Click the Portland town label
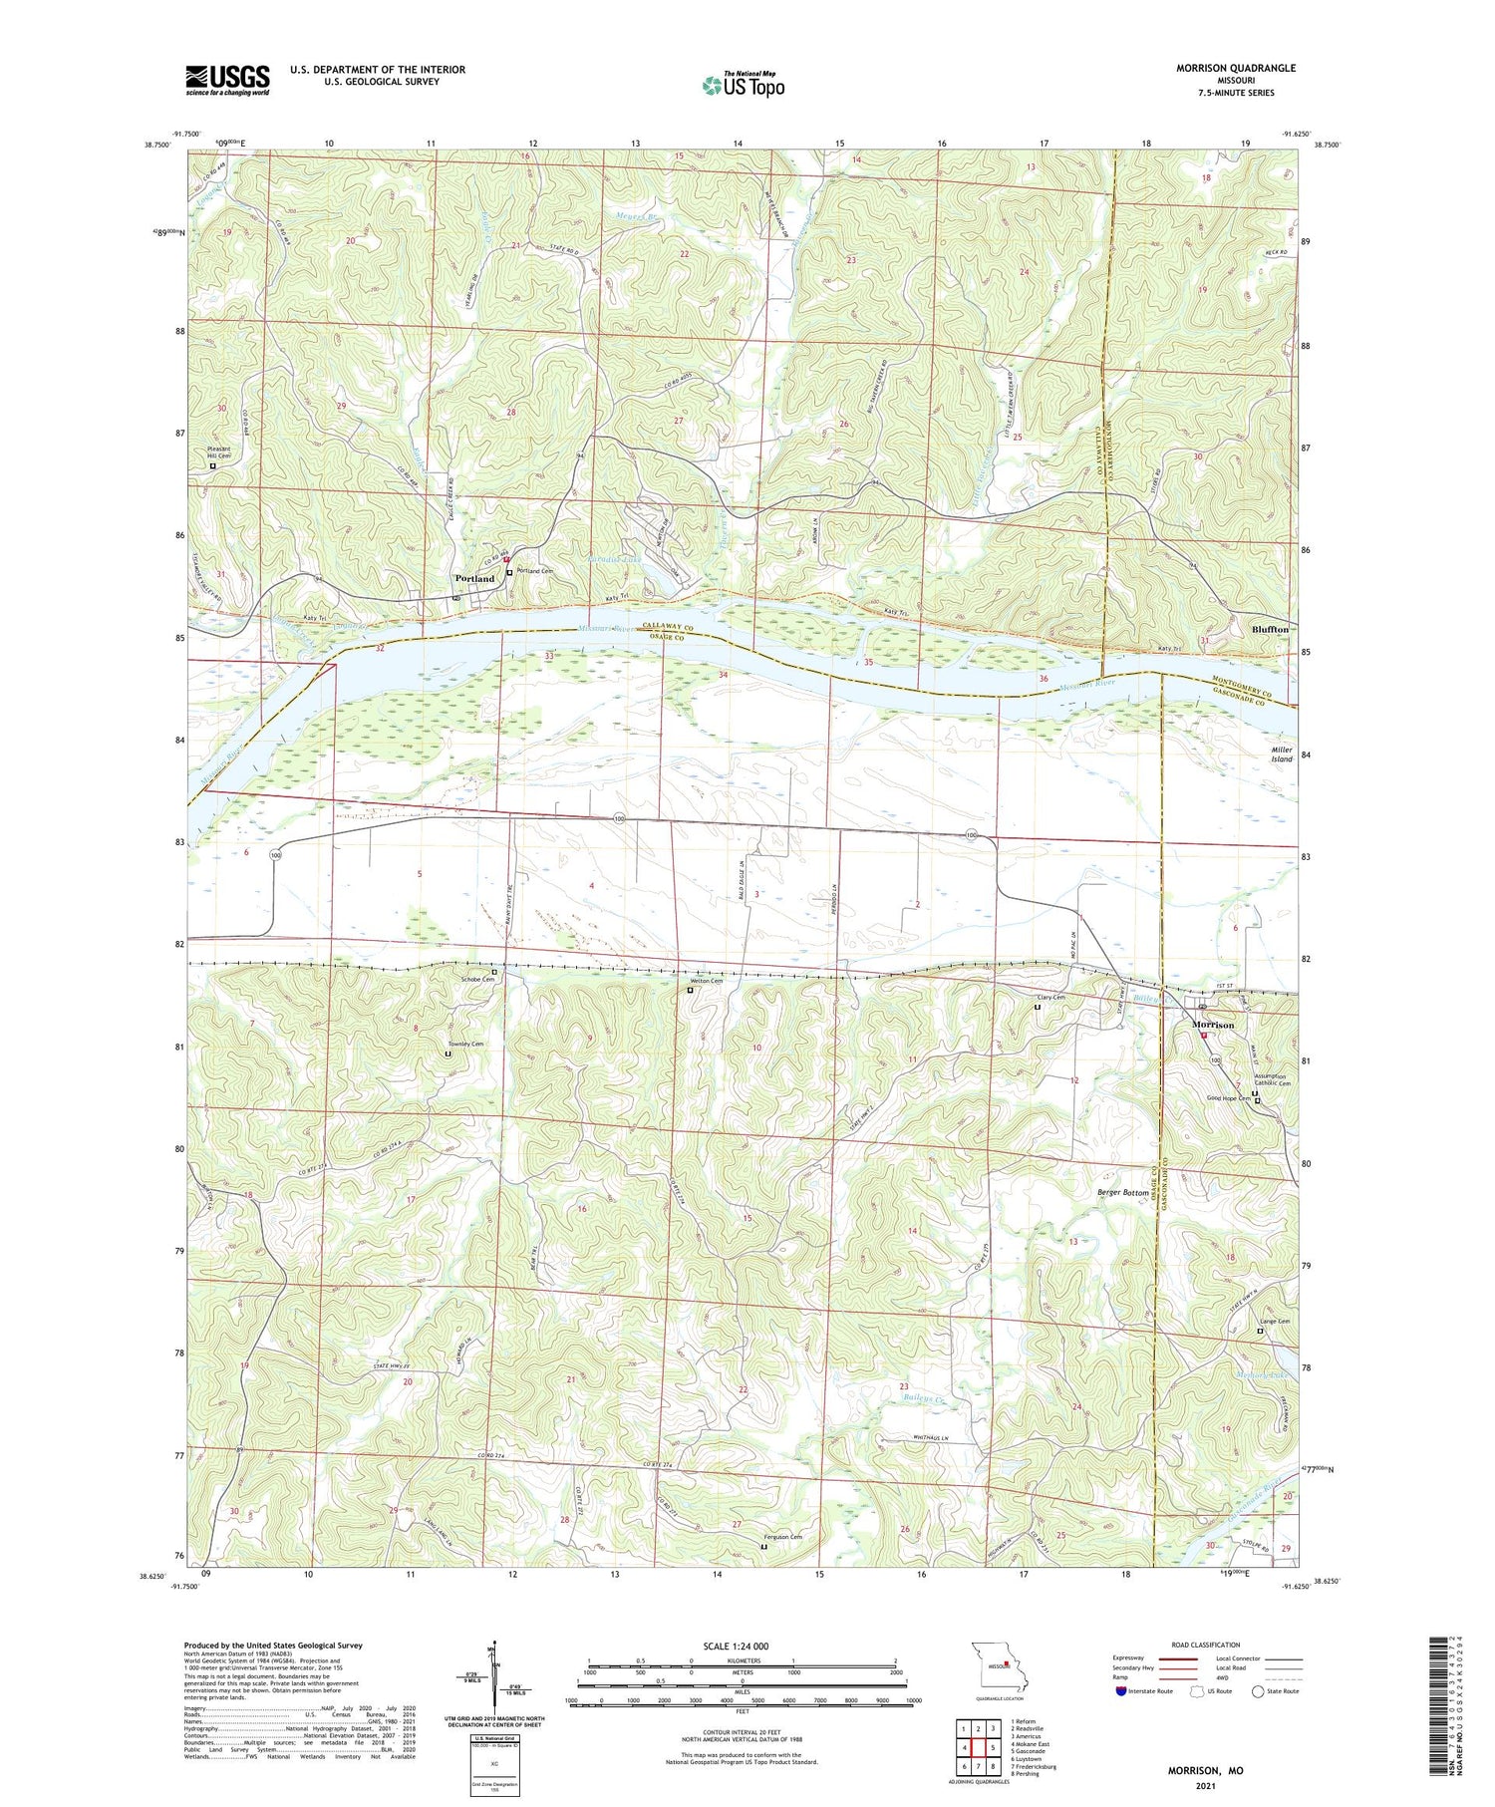474,578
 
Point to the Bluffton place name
1270,630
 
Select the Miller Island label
1281,754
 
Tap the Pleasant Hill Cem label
219,452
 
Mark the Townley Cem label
465,1044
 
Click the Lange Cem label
1275,1322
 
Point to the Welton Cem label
706,981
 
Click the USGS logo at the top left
227,80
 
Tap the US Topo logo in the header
743,85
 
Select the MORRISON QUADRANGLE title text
1235,68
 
